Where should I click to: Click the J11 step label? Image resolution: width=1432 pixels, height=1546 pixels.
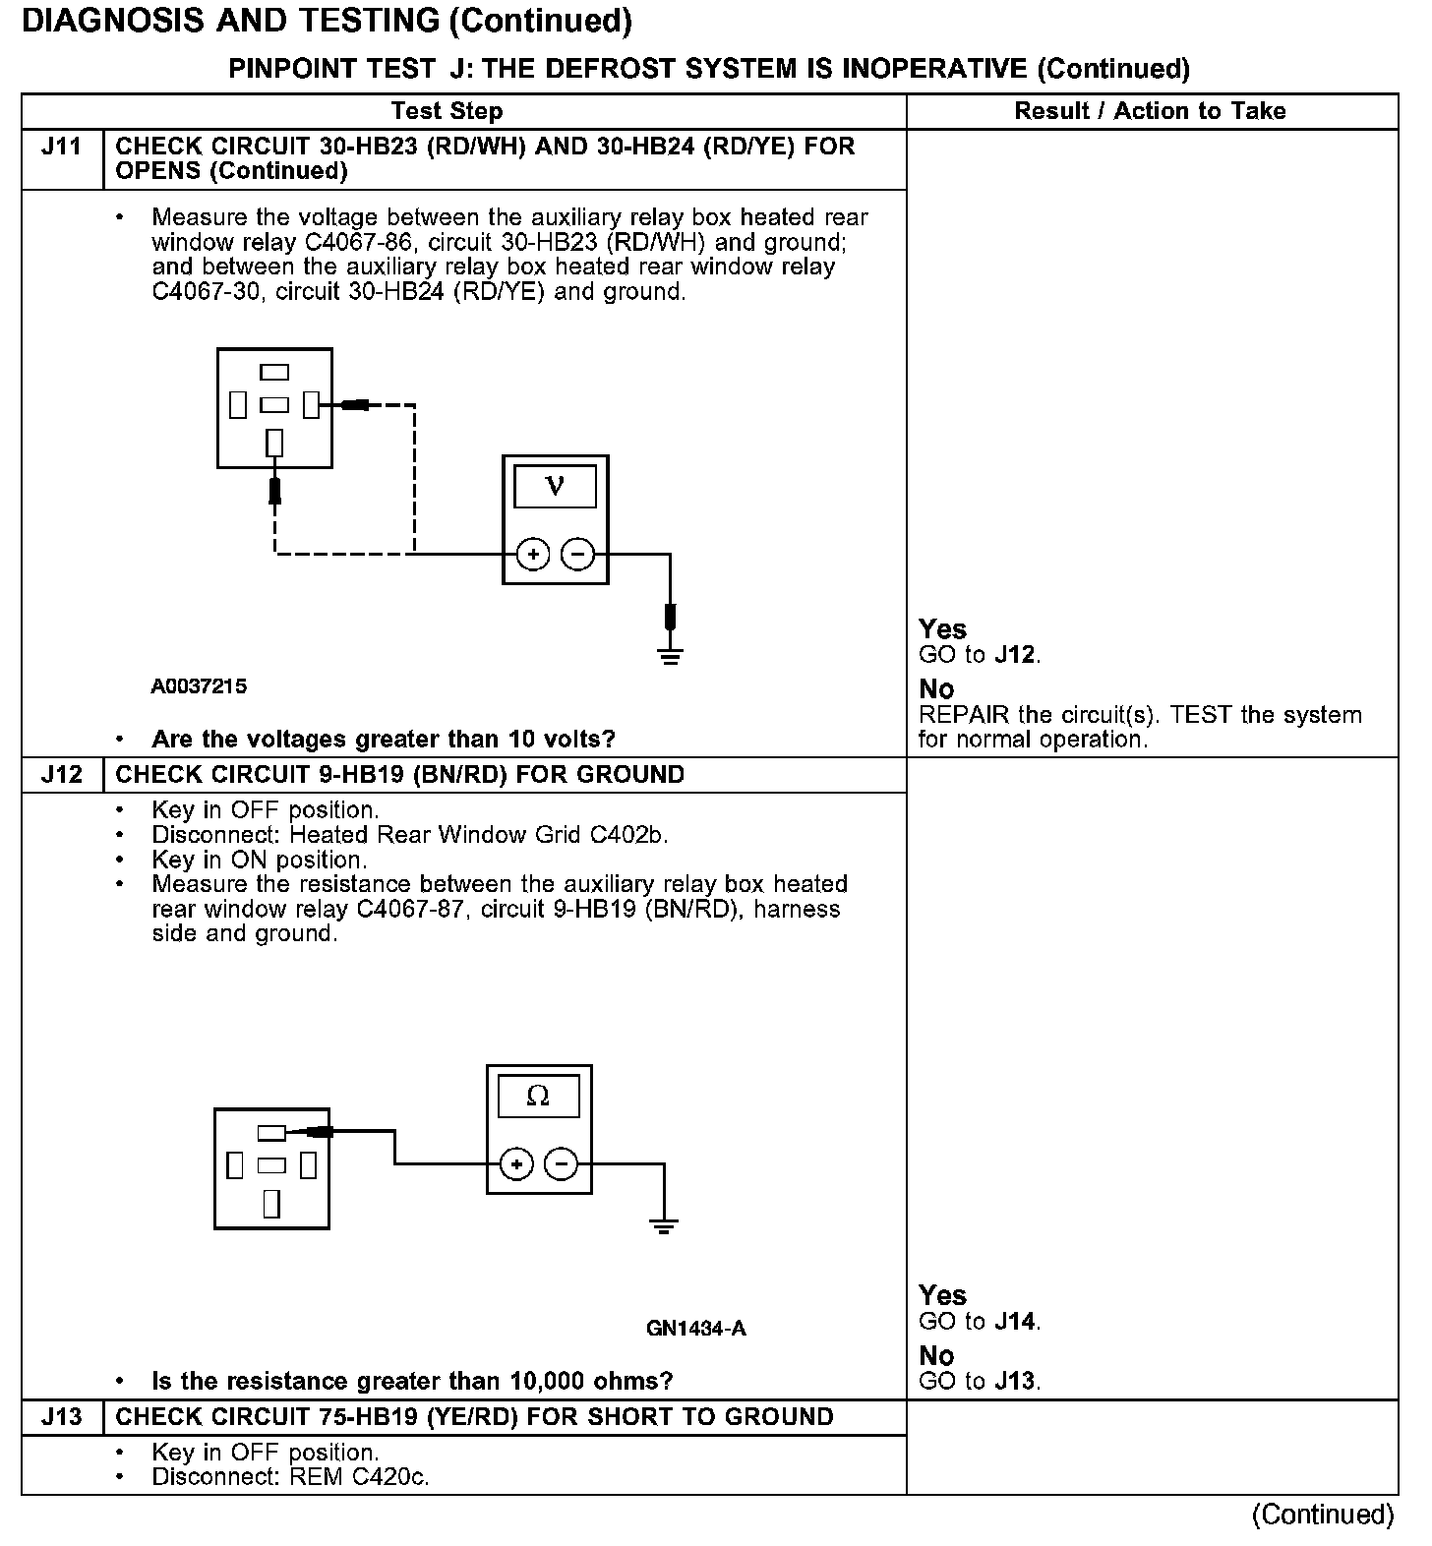pyautogui.click(x=61, y=148)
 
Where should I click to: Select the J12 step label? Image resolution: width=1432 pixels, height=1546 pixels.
pyautogui.click(x=61, y=775)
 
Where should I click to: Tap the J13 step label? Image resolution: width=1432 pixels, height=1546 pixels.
pyautogui.click(x=61, y=1417)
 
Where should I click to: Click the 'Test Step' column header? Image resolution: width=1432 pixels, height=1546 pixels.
pyautogui.click(x=447, y=111)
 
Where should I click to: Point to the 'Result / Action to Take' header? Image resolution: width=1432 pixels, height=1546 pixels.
pyautogui.click(x=1150, y=111)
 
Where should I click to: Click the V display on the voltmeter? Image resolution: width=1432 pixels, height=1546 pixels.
pyautogui.click(x=555, y=487)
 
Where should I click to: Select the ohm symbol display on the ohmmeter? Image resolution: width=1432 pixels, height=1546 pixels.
pyautogui.click(x=538, y=1097)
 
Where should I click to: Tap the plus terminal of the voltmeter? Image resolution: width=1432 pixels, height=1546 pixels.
pyautogui.click(x=533, y=555)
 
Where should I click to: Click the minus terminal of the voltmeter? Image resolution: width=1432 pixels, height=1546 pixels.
pyautogui.click(x=577, y=555)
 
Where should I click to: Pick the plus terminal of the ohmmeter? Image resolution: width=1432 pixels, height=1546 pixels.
pyautogui.click(x=516, y=1164)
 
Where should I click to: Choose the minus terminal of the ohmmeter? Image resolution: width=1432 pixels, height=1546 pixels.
pyautogui.click(x=562, y=1164)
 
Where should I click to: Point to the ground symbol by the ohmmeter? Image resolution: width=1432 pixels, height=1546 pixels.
pyautogui.click(x=664, y=1226)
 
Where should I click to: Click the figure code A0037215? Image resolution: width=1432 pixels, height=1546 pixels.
pyautogui.click(x=199, y=686)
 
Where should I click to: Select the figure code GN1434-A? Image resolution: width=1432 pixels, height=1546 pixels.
pyautogui.click(x=696, y=1329)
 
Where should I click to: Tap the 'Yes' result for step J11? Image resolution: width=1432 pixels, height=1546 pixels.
pyautogui.click(x=942, y=629)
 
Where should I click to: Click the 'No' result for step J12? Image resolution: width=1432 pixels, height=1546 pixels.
pyautogui.click(x=936, y=1356)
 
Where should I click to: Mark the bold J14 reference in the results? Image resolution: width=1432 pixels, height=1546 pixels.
pyautogui.click(x=1016, y=1322)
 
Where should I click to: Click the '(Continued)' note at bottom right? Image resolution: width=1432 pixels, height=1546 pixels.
pyautogui.click(x=1323, y=1515)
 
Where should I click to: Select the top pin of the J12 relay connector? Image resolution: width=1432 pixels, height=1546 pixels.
pyautogui.click(x=271, y=1133)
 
